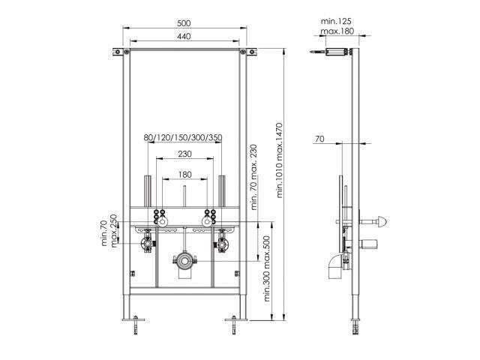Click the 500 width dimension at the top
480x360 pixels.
[184, 23]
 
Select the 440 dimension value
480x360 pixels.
[184, 37]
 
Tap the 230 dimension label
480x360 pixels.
[185, 154]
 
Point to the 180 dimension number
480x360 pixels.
[185, 175]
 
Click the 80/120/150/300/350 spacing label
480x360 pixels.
[183, 138]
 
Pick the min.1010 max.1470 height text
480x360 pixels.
[280, 160]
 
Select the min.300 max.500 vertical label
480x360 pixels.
[267, 268]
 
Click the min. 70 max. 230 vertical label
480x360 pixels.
[253, 177]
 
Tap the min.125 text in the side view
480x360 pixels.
[336, 21]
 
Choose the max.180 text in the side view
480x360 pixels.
[337, 31]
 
